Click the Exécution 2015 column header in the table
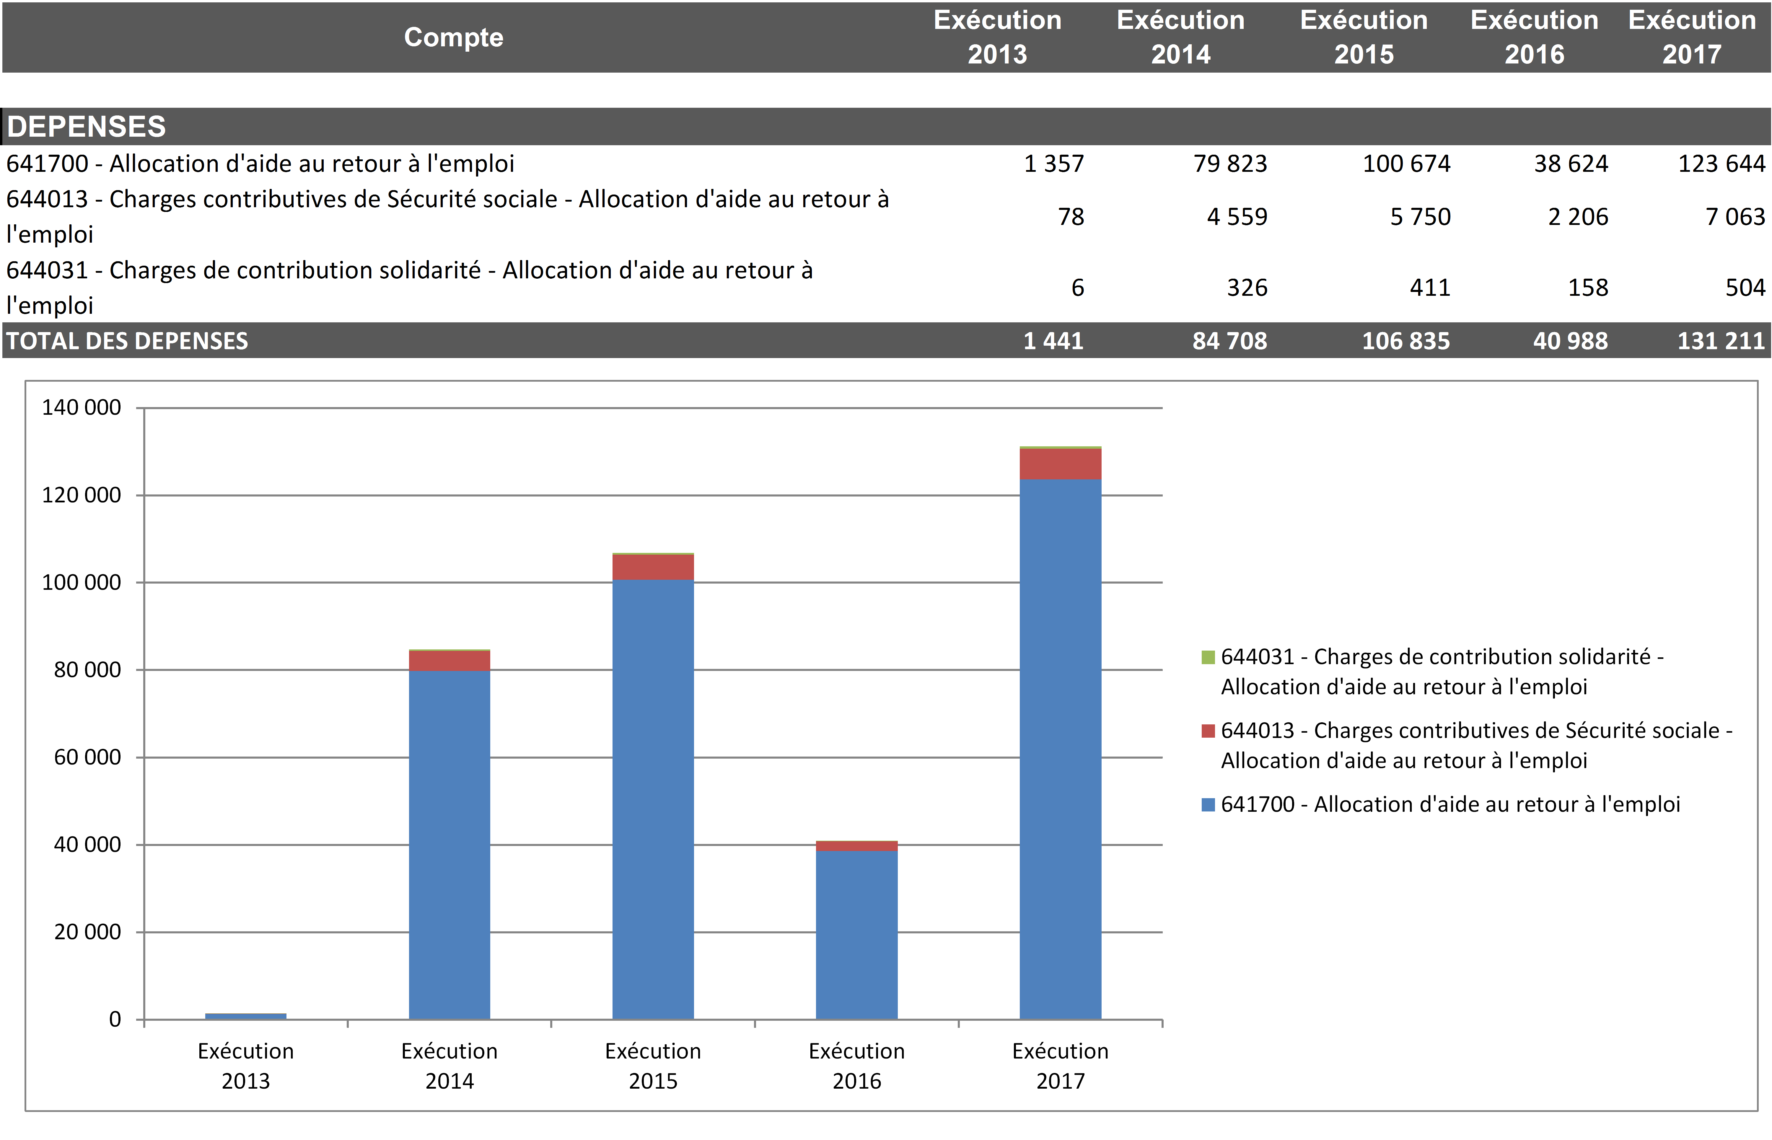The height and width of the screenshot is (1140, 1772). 1363,37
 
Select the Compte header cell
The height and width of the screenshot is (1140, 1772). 453,37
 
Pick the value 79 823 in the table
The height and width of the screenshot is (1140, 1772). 1230,164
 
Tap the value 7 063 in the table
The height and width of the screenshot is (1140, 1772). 1735,217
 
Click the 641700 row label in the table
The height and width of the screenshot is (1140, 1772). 260,164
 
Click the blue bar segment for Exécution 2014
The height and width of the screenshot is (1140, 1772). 449,844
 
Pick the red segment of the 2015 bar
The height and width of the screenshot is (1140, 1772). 653,567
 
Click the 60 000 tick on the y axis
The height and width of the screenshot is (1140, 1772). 87,757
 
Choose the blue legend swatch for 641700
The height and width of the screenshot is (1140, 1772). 1208,805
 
